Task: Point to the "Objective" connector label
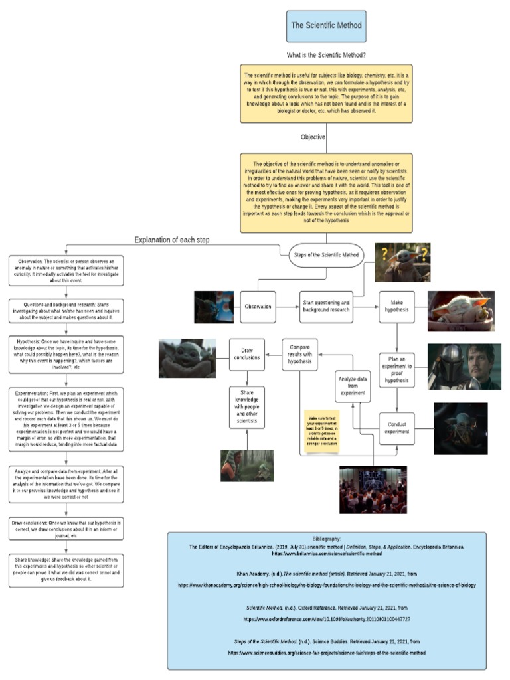pyautogui.click(x=313, y=137)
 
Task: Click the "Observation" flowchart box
pyautogui.click(x=258, y=307)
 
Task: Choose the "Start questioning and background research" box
pyautogui.click(x=326, y=307)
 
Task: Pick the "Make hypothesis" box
pyautogui.click(x=397, y=307)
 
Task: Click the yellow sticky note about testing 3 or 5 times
pyautogui.click(x=321, y=431)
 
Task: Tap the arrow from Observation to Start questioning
pyautogui.click(x=286, y=307)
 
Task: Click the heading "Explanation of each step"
pyautogui.click(x=172, y=240)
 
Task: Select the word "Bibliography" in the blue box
pyautogui.click(x=326, y=539)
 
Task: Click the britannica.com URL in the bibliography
pyautogui.click(x=326, y=552)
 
